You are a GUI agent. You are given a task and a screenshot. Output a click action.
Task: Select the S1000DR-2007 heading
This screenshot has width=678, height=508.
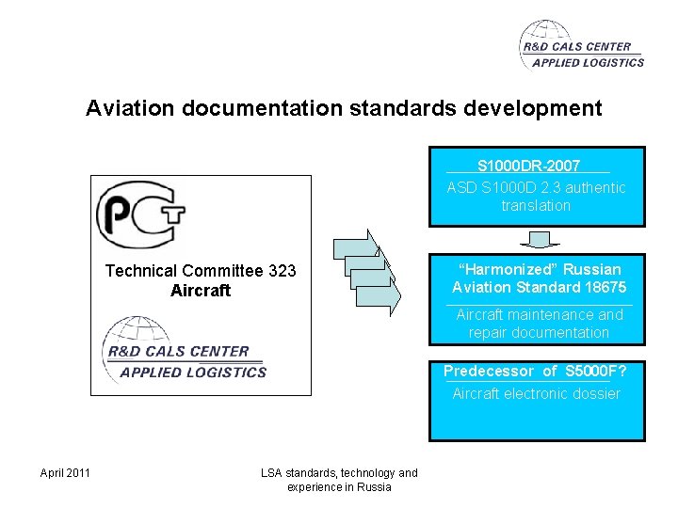[x=528, y=166]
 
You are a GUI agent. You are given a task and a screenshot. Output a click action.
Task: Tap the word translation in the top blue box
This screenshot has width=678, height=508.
[x=536, y=205]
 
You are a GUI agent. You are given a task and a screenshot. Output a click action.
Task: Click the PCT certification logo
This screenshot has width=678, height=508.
[x=140, y=214]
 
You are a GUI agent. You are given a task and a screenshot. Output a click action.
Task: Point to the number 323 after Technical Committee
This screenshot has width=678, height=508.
[x=282, y=271]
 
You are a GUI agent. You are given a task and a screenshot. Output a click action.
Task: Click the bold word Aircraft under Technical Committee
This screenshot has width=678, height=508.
[x=201, y=291]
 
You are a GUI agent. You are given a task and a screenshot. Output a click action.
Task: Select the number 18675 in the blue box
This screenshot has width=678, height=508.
[x=605, y=287]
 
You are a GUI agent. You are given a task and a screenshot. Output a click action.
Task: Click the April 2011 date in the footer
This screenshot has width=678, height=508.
[x=65, y=472]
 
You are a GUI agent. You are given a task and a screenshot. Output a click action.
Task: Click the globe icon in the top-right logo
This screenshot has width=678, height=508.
[x=540, y=41]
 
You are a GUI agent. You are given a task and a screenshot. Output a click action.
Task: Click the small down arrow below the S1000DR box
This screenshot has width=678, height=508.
[x=540, y=240]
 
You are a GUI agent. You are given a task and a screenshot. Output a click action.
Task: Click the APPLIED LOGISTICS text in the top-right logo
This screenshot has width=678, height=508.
[x=588, y=63]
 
